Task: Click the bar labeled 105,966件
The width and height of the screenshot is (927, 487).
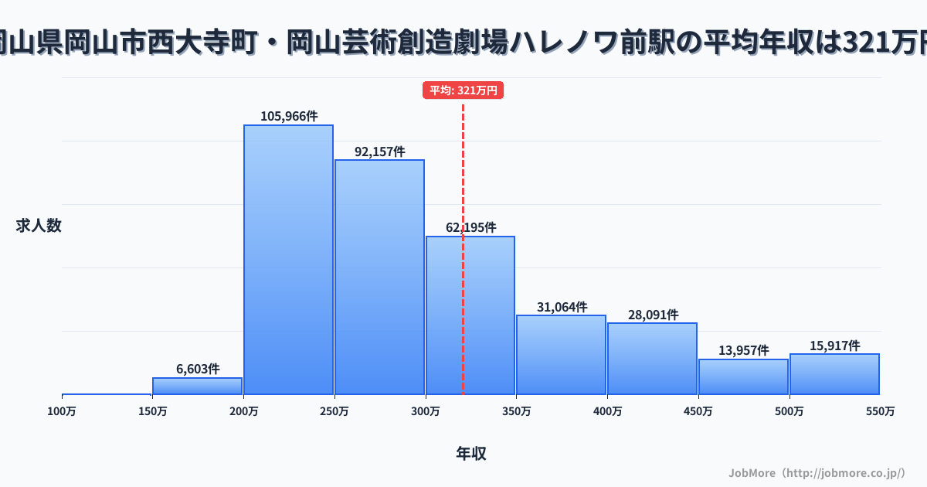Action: tap(288, 259)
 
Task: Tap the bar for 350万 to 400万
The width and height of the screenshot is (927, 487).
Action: tap(561, 355)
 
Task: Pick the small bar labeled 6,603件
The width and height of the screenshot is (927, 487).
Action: tap(197, 386)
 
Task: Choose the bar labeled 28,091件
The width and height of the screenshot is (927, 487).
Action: tap(652, 359)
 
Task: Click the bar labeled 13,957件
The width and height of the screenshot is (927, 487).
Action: tap(743, 376)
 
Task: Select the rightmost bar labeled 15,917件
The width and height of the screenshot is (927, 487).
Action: tap(834, 374)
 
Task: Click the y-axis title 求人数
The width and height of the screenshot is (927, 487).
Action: tap(39, 226)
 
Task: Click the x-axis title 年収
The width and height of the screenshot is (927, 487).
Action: tap(471, 454)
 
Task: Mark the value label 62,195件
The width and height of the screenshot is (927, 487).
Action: tap(471, 227)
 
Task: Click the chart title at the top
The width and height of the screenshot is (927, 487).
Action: tap(463, 43)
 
